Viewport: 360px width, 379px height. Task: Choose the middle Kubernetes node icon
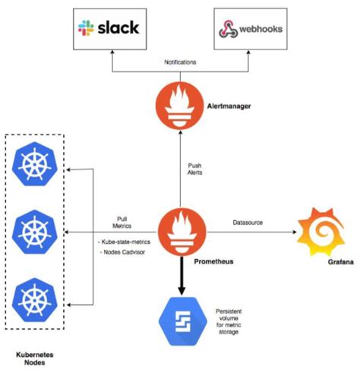pyautogui.click(x=33, y=230)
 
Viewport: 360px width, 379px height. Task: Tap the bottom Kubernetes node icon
pyautogui.click(x=33, y=297)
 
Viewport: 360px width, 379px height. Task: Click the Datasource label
pyautogui.click(x=249, y=222)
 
